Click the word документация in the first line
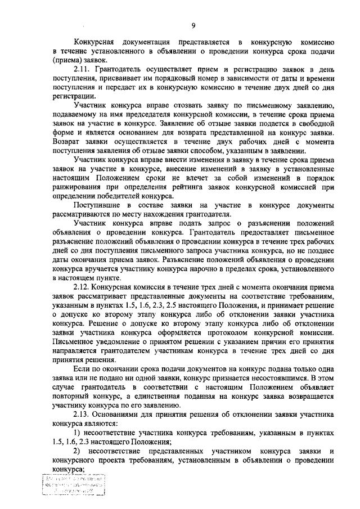[143, 42]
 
